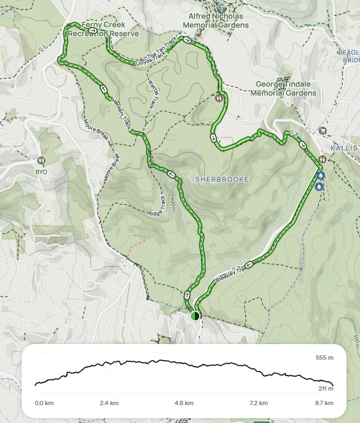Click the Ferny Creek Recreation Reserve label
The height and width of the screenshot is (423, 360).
coord(103,29)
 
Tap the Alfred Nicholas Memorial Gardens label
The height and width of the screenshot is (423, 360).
coord(215,21)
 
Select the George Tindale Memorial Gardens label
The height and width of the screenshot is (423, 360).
coord(285,89)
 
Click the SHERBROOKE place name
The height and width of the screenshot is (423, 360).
coord(222,179)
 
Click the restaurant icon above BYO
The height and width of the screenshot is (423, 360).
coord(41,161)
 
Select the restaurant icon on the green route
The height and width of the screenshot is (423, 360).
coord(219,98)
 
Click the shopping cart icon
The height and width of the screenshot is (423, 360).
coord(323,130)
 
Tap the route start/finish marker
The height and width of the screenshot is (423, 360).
coord(195,316)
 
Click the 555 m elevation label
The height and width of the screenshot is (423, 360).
coord(324,358)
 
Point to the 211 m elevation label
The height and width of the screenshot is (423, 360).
coord(324,388)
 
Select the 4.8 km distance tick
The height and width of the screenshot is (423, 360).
coord(184,403)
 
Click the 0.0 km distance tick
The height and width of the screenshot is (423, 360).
coord(43,403)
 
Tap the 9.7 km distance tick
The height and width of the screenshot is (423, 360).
coord(324,403)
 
